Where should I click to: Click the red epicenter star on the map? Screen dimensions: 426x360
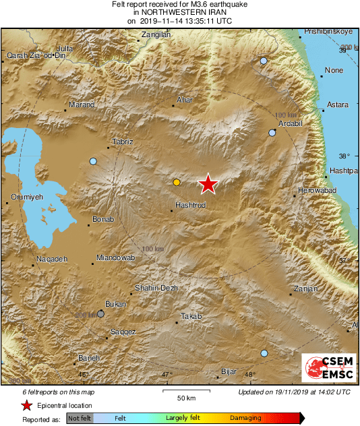pyautogui.click(x=208, y=184)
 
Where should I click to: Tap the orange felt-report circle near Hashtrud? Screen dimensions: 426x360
pyautogui.click(x=177, y=182)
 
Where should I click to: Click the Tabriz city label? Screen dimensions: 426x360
pyautogui.click(x=122, y=142)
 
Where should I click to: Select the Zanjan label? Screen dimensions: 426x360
pyautogui.click(x=305, y=289)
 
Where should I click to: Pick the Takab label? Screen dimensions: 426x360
pyautogui.click(x=191, y=316)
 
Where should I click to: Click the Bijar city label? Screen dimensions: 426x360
pyautogui.click(x=230, y=371)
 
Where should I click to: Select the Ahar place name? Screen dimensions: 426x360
pyautogui.click(x=184, y=100)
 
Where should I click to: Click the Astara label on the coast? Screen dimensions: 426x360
pyautogui.click(x=337, y=104)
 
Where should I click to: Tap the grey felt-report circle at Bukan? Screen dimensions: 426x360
pyautogui.click(x=100, y=313)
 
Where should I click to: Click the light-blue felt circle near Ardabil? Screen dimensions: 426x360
pyautogui.click(x=272, y=133)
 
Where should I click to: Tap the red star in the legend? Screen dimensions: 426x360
pyautogui.click(x=26, y=406)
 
